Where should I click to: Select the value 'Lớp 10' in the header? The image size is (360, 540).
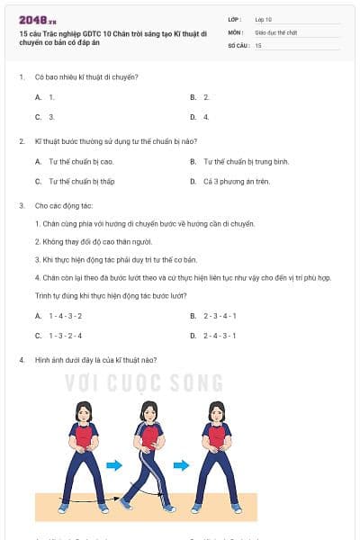[x=264, y=19]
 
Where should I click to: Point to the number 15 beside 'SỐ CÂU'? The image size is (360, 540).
[x=259, y=44]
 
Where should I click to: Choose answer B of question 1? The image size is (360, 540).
[x=206, y=96]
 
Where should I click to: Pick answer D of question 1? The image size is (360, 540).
[x=206, y=117]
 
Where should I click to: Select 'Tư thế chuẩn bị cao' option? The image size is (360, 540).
[x=81, y=161]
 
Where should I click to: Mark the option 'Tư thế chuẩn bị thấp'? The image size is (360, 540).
[x=82, y=181]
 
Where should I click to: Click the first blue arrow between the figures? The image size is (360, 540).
[x=113, y=465]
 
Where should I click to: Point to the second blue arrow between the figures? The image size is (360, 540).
[x=181, y=465]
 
